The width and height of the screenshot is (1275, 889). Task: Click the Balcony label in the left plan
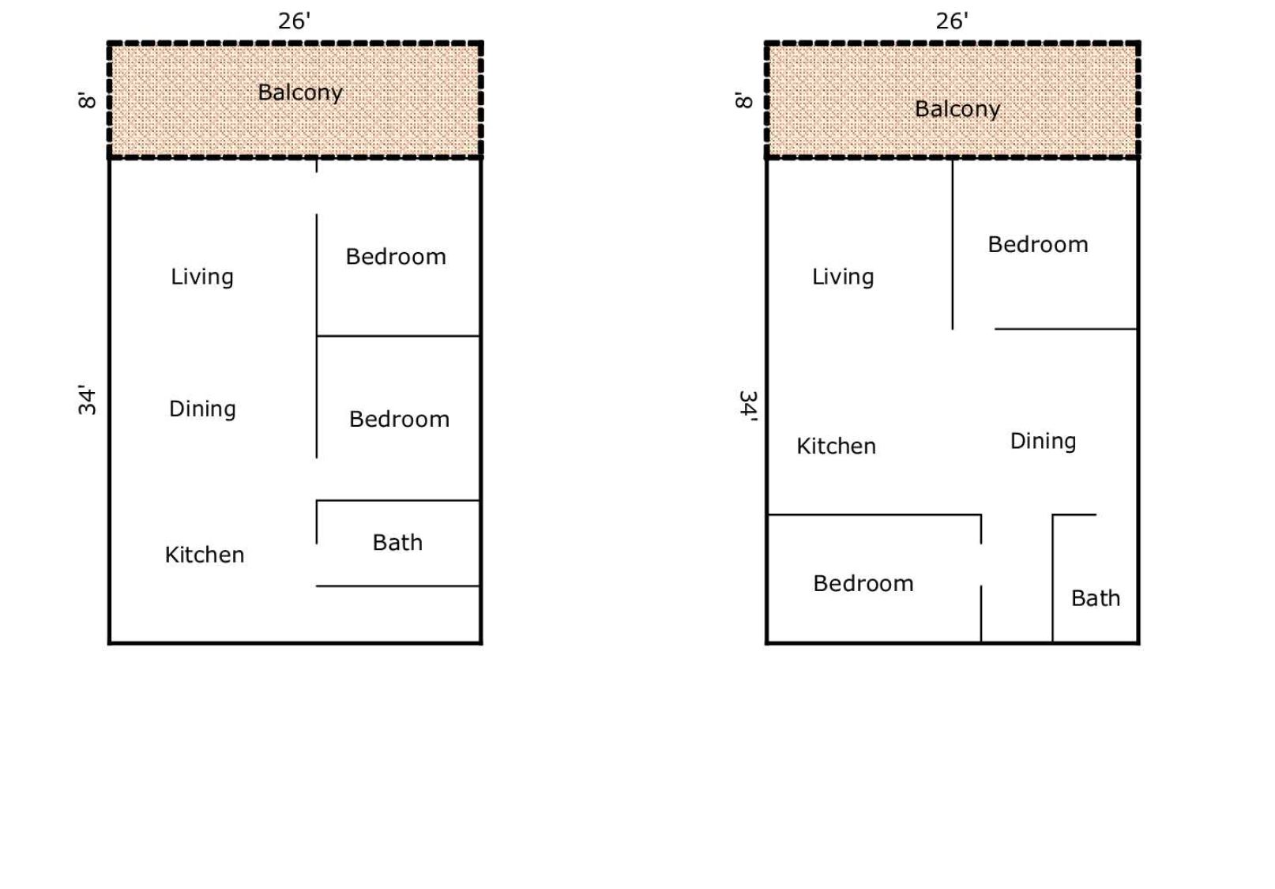300,92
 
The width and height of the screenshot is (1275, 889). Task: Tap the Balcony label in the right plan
957,109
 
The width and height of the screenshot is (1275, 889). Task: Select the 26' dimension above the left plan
295,21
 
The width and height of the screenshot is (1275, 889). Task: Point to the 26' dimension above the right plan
952,21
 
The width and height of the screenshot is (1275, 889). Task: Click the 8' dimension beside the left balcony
87,100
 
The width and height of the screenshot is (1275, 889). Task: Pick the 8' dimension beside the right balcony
744,100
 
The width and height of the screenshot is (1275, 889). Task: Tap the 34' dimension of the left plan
87,401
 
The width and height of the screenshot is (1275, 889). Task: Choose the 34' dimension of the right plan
748,406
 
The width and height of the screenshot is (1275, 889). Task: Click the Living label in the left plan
202,277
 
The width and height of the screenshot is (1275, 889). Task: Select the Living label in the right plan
842,277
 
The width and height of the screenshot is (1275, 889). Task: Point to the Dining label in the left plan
202,409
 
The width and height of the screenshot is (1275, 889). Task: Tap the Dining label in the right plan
1043,442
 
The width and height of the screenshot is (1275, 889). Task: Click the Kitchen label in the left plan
205,556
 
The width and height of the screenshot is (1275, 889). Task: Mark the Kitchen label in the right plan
836,446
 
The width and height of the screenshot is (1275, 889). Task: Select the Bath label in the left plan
397,543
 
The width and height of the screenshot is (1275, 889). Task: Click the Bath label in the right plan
1096,598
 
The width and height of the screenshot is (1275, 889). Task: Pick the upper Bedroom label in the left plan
396,257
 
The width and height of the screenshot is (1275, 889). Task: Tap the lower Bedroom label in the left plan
399,420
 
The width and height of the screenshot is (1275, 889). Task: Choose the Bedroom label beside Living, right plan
1038,245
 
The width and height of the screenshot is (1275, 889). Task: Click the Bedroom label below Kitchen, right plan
863,584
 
